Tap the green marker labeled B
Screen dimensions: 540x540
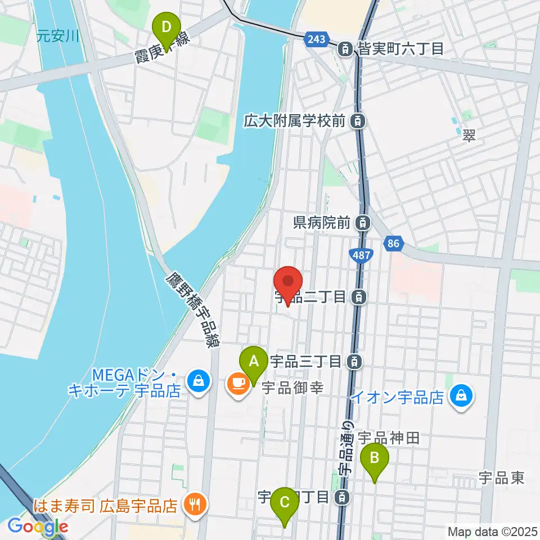click(376, 461)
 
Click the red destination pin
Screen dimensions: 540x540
click(288, 284)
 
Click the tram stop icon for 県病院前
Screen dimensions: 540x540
click(363, 223)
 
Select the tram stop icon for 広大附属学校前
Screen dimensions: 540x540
click(357, 120)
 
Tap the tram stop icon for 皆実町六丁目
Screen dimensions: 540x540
click(344, 49)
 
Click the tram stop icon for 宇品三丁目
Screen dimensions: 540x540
click(354, 361)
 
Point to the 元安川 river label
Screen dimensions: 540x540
click(57, 37)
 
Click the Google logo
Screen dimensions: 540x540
click(38, 526)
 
